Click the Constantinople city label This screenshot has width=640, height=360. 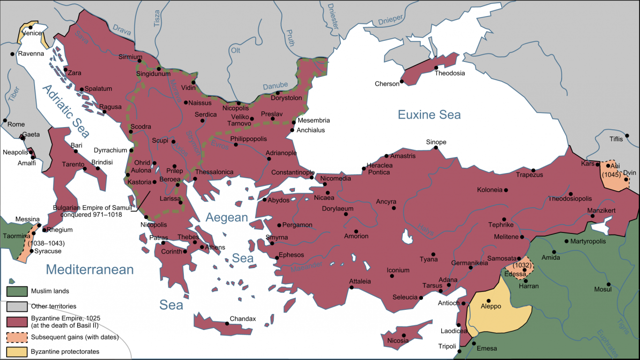coord(293,172)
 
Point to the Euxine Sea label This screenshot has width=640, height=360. coord(429,114)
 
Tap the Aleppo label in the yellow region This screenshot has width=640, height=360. coord(491,306)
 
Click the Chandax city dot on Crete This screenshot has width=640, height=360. coord(227,323)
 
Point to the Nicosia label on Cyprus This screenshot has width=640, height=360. coord(398,341)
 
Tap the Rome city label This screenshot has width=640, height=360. coord(16,124)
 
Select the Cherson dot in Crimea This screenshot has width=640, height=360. coord(402,82)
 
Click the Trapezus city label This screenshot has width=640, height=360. coord(529,175)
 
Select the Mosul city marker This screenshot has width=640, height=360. coord(609,284)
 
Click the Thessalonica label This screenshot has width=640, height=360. coord(214,172)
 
